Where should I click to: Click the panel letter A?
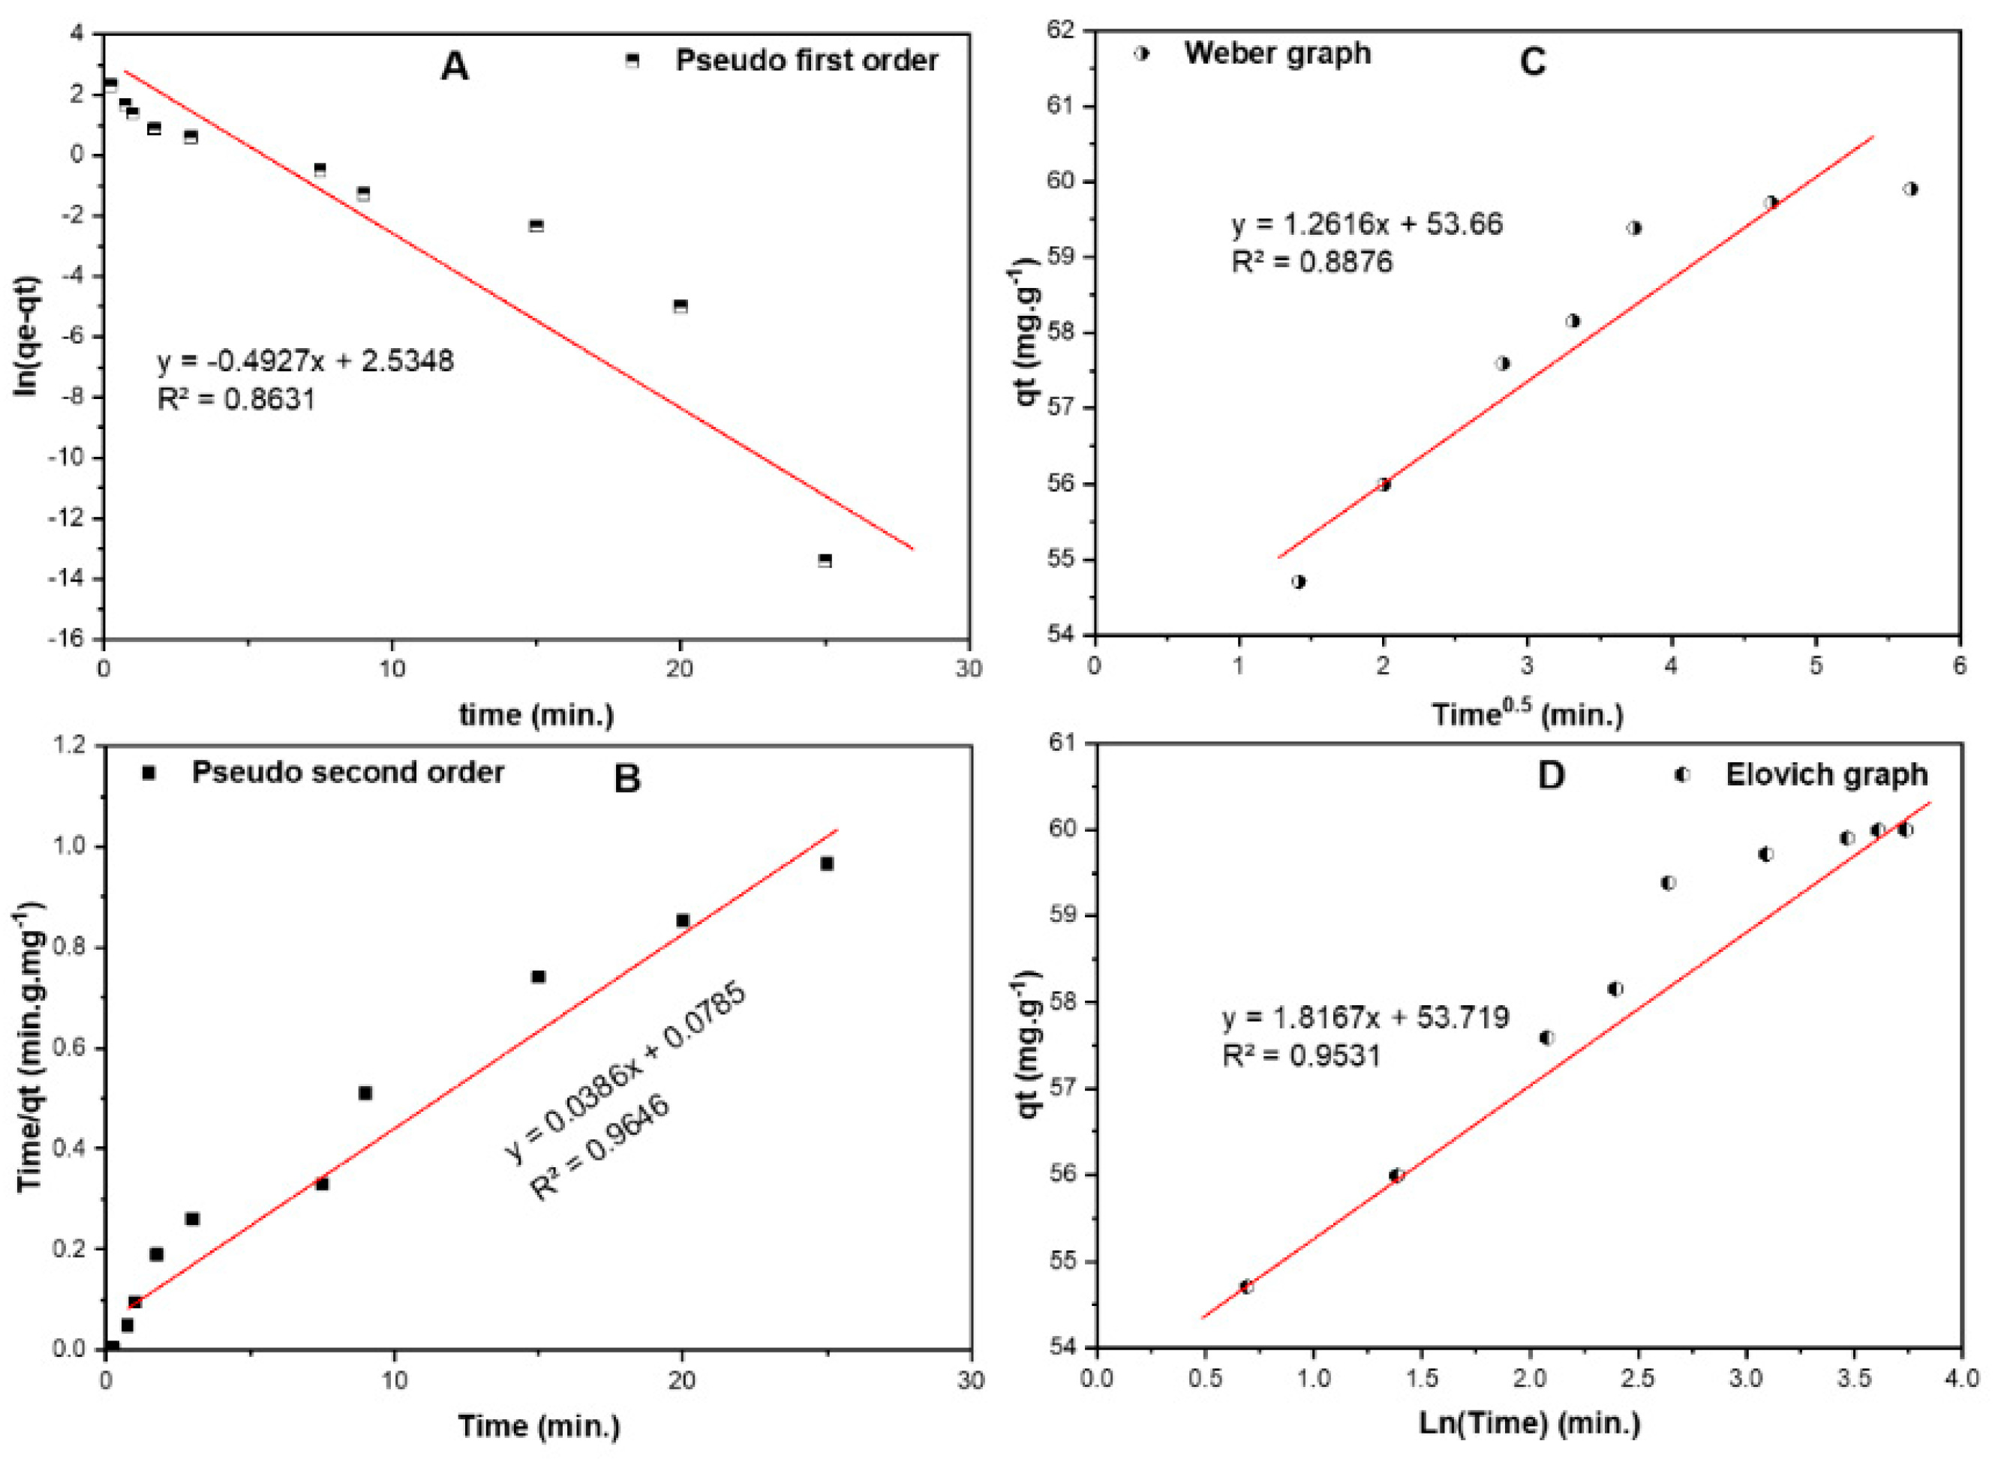tap(454, 66)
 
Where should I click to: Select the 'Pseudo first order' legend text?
tap(807, 60)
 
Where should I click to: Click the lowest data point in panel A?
tap(825, 560)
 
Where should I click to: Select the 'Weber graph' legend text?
tap(1277, 53)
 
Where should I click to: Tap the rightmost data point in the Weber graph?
tap(1910, 189)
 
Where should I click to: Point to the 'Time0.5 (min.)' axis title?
tap(1527, 713)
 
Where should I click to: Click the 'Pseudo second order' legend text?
tap(348, 772)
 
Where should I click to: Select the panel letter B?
tap(626, 779)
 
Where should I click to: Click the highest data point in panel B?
tap(827, 863)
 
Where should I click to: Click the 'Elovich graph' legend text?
tap(1826, 775)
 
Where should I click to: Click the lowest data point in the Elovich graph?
tap(1246, 1286)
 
